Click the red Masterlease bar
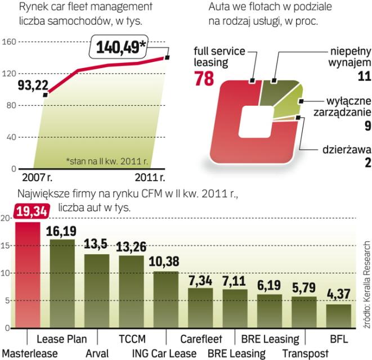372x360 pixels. click(x=28, y=276)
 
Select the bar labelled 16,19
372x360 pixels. click(x=62, y=284)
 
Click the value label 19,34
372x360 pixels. click(x=32, y=211)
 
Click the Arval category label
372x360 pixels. click(x=97, y=353)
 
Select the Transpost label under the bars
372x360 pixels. click(x=304, y=353)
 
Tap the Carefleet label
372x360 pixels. click(x=201, y=339)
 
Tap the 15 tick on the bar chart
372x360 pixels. click(x=6, y=246)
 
